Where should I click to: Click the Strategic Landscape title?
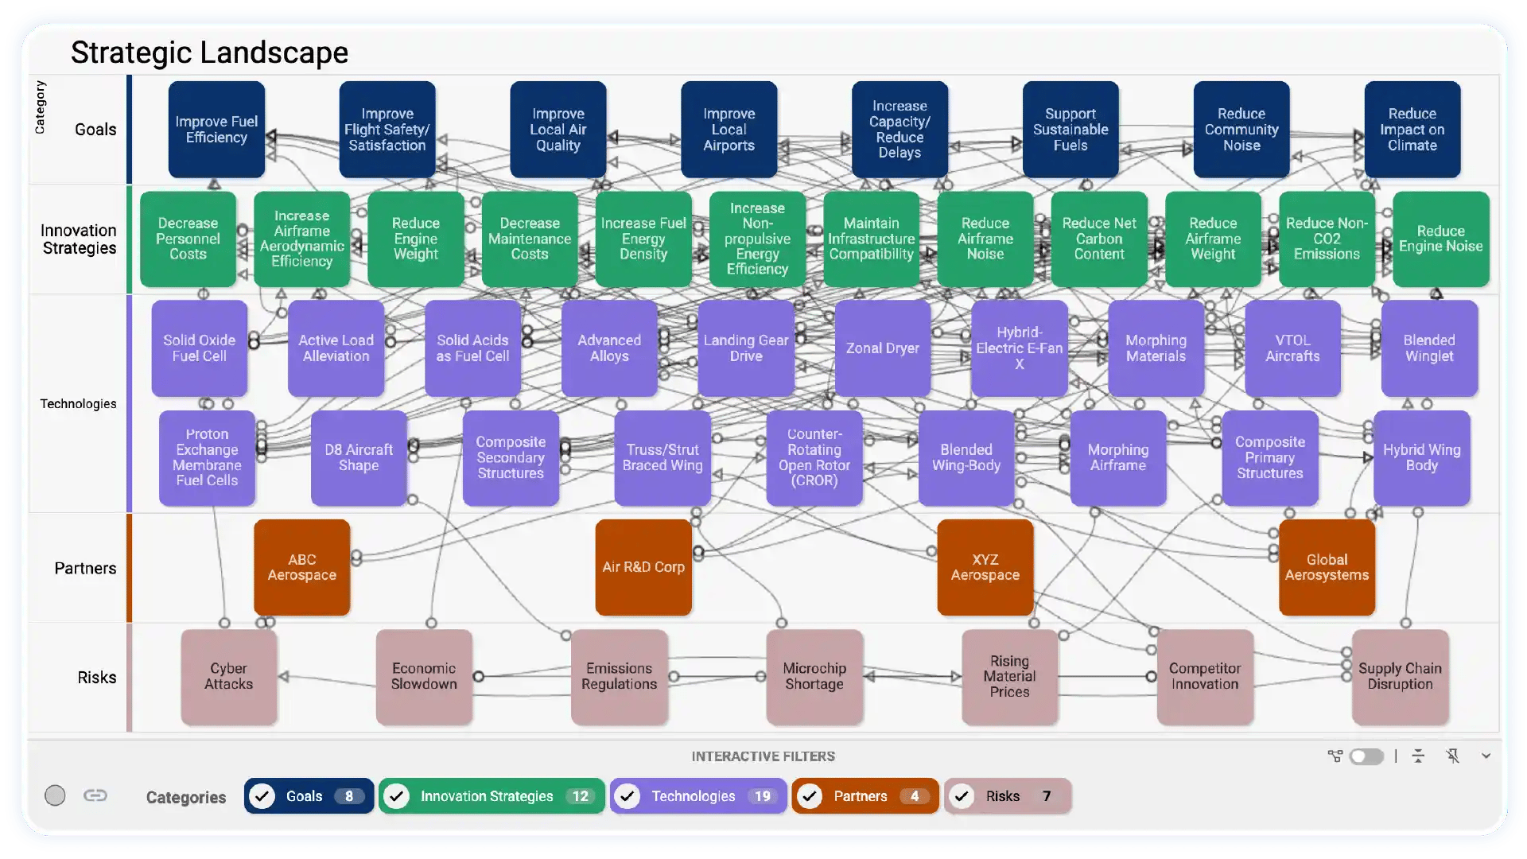[209, 52]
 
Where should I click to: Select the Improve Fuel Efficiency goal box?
[216, 130]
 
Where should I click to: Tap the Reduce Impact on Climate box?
[1412, 130]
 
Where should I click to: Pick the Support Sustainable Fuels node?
[1070, 130]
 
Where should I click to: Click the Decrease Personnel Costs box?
[188, 239]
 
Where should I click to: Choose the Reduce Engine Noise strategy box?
[1440, 239]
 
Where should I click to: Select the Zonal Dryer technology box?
[882, 348]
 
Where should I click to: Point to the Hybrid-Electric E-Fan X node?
[1019, 348]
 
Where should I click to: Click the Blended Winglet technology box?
[1428, 348]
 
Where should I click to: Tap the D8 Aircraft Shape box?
[359, 457]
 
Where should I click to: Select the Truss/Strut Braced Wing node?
[662, 457]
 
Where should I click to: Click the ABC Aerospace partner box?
[301, 567]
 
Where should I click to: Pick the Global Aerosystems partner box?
[1327, 567]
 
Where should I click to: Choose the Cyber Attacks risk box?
[229, 676]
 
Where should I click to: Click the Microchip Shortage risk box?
[814, 676]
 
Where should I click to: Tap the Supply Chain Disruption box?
[1400, 676]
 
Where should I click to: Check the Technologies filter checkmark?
[628, 796]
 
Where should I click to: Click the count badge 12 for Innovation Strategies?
[581, 796]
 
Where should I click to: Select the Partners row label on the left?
[85, 568]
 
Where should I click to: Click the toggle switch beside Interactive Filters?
[1366, 756]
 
